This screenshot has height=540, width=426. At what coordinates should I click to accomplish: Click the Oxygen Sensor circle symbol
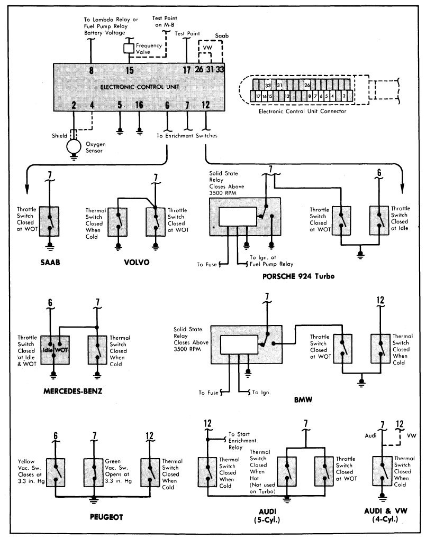pos(74,146)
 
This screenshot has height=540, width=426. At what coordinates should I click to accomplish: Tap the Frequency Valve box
pos(129,48)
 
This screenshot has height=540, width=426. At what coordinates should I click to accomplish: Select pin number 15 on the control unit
pos(129,70)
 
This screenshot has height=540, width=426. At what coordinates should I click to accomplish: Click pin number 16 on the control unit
pos(139,105)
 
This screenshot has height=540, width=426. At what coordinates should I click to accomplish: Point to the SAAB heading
pos(50,263)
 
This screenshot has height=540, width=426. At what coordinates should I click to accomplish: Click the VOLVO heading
pos(137,263)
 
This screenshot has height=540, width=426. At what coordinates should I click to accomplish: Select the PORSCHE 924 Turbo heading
pos(298,276)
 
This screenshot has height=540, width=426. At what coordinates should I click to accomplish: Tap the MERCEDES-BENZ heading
pos(73,391)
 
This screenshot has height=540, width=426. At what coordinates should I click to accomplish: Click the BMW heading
pos(303,400)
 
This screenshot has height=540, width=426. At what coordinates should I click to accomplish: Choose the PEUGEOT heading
pos(106,517)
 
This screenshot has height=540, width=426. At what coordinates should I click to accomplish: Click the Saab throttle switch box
pos(49,221)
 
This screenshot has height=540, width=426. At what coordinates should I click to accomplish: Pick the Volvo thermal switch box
pos(117,222)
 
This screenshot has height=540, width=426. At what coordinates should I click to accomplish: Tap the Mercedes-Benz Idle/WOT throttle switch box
pos(55,350)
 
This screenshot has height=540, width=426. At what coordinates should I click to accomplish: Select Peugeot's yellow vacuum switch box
pos(56,472)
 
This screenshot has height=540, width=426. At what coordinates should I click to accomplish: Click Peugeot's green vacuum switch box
pos(94,472)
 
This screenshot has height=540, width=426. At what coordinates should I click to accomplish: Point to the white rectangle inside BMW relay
pos(239,345)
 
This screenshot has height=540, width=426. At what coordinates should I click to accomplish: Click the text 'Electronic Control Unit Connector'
pos(303,111)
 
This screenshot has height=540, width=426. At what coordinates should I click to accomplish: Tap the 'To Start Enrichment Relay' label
pos(242,441)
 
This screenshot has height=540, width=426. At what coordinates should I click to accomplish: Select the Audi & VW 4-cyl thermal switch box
pos(382,471)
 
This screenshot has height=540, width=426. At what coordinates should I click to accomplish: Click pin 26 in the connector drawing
pos(307,85)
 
